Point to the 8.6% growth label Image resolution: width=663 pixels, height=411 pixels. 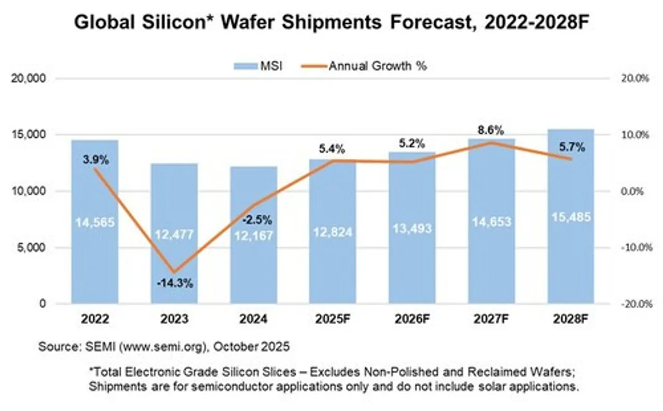491,130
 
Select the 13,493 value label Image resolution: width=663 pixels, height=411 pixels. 412,228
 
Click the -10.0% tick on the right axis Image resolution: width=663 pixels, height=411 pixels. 635,247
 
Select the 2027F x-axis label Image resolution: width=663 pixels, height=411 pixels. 491,319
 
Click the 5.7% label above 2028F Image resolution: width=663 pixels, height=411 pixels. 573,148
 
